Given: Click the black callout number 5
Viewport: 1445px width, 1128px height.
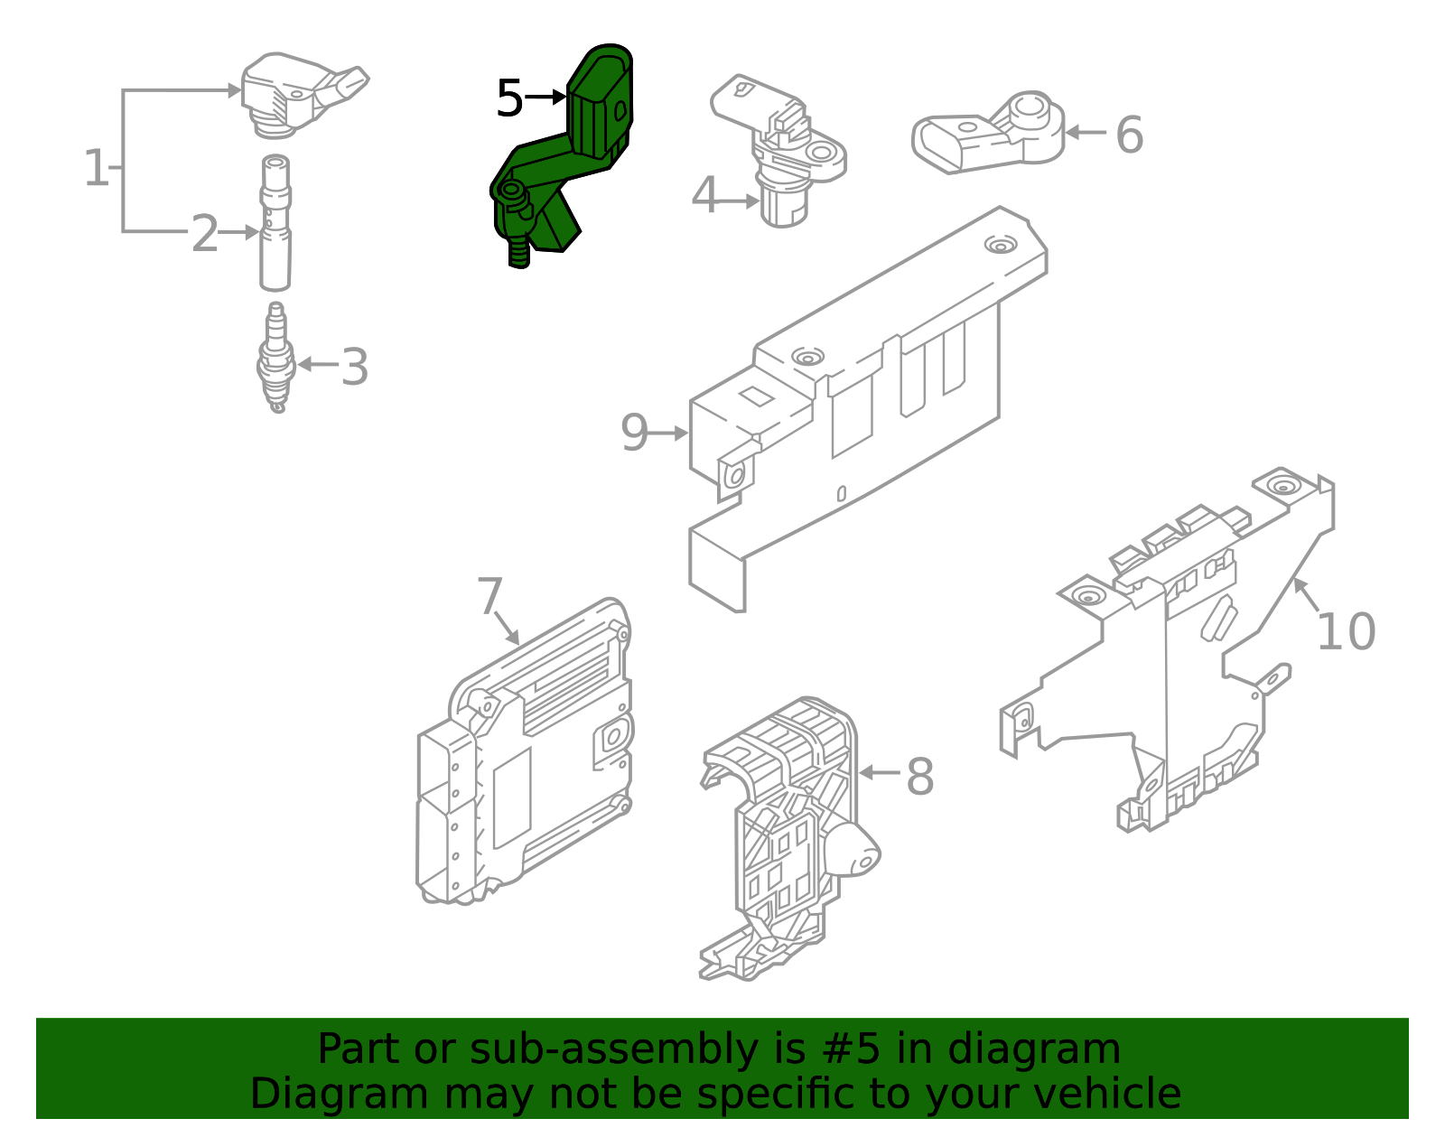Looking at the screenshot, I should [509, 98].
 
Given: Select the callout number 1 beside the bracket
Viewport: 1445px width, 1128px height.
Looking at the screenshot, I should [95, 169].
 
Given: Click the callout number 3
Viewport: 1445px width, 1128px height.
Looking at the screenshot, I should [355, 368].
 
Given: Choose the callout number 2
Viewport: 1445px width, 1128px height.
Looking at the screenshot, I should [205, 234].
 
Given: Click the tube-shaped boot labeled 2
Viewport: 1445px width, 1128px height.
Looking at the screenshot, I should [275, 226].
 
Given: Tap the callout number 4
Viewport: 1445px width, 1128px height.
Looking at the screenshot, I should [704, 196].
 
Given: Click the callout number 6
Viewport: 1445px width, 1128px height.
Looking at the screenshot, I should [1129, 135].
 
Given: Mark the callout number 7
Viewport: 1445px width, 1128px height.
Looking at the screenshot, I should [489, 596].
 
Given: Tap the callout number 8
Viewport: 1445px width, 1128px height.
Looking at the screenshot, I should [919, 777].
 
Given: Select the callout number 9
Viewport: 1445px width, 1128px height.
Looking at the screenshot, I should [634, 433].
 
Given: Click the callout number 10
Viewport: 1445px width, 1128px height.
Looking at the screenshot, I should [1346, 632].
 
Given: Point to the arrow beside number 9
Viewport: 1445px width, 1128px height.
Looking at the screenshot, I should [669, 433].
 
